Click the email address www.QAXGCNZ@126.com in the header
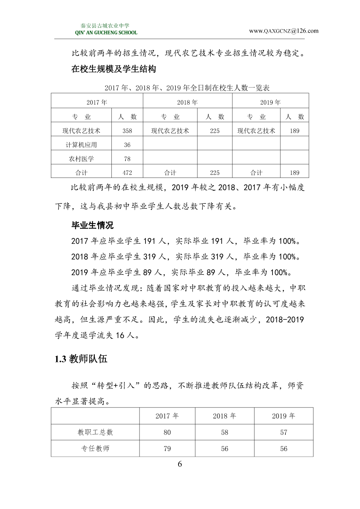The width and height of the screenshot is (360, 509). tap(283, 31)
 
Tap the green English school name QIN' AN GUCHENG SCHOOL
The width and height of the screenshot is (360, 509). tap(106, 33)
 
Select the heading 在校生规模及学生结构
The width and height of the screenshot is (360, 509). tap(114, 69)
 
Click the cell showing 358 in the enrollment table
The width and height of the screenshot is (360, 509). tap(127, 131)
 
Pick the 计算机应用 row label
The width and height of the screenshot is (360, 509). tap(81, 145)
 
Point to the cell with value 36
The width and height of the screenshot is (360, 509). tap(127, 145)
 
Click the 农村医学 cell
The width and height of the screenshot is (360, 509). tap(81, 159)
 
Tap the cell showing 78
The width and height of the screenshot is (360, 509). tap(127, 159)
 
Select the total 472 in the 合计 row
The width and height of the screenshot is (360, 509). tap(127, 172)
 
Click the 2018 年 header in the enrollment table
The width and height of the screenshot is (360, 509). tap(187, 102)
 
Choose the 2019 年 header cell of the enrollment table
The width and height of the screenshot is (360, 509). tap(270, 102)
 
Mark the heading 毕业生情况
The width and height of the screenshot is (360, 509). tap(92, 225)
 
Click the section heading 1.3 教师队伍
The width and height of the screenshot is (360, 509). tap(81, 359)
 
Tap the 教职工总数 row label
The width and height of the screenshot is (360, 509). tap(95, 432)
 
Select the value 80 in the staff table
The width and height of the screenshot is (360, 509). tap(167, 432)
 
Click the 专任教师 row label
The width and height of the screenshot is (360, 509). tap(95, 448)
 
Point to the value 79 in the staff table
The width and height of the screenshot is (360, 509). tap(167, 448)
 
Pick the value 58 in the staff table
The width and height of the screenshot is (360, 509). tap(225, 432)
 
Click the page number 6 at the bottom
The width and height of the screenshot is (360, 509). tap(180, 464)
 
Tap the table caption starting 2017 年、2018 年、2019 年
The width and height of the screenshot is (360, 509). tap(187, 88)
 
